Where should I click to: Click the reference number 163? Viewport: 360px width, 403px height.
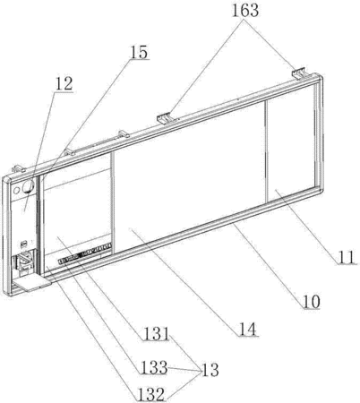245,11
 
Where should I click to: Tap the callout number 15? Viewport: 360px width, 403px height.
139,52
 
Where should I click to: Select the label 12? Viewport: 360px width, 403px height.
64,83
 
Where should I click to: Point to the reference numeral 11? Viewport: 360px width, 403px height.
347,257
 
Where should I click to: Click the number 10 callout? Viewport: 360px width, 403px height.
312,302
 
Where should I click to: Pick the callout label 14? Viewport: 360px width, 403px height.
248,330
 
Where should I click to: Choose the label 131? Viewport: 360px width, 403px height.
157,334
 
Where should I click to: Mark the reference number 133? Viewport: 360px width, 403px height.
154,367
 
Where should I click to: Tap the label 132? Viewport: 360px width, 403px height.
151,395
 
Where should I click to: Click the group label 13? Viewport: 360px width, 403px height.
210,370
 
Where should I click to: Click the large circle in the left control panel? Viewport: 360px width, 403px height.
29,186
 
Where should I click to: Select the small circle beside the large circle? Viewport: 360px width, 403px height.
17,190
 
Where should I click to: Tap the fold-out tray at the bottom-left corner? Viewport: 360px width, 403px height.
32,283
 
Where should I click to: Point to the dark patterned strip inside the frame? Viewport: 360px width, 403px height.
85,253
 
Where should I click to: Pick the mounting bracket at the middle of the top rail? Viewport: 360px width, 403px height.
164,118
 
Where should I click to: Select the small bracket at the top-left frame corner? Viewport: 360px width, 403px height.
19,168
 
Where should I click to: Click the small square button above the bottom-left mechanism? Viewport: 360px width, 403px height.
23,244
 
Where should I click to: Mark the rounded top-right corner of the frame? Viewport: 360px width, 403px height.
318,78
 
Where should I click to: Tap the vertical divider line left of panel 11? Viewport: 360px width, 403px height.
265,151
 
